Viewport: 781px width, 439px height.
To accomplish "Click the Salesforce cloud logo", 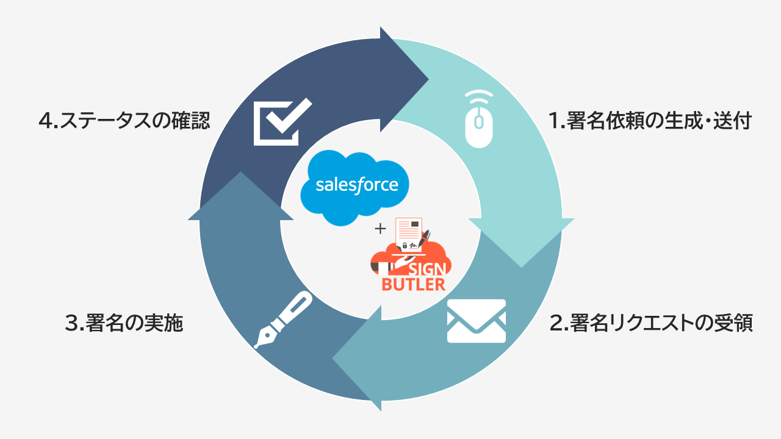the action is tap(355, 187).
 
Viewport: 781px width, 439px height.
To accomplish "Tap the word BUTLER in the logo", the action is tap(414, 284).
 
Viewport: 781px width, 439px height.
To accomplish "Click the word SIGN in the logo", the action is tap(427, 269).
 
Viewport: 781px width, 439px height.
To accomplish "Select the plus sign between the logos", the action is tap(380, 229).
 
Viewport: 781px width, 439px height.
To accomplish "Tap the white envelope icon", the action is tap(477, 321).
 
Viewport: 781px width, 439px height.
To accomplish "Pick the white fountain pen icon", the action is tap(283, 319).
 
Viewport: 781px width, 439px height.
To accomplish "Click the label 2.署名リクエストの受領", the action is tap(651, 323).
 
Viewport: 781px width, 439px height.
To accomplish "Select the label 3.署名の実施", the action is tap(124, 323).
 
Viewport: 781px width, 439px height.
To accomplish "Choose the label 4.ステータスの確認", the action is tap(124, 121).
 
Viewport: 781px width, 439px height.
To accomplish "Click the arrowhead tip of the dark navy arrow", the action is tap(428, 79).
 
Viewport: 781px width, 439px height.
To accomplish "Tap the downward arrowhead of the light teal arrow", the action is tap(521, 267).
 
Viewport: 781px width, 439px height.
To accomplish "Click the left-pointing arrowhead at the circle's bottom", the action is tap(333, 358).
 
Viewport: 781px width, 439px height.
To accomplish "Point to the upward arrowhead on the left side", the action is tap(240, 172).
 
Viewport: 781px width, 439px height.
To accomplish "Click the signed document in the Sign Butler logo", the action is tap(409, 234).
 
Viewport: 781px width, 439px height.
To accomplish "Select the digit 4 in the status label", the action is tap(45, 121).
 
